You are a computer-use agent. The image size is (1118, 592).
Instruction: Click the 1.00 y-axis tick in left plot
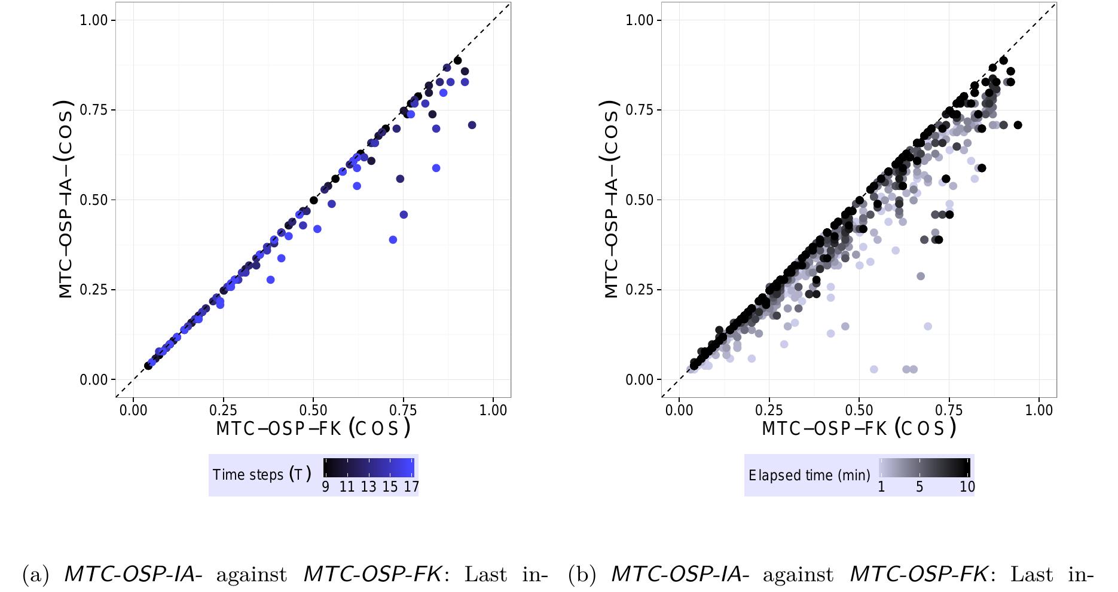(97, 20)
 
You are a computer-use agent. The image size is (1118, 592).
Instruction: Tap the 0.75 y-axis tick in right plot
(643, 110)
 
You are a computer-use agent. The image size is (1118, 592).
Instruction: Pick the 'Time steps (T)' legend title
(262, 475)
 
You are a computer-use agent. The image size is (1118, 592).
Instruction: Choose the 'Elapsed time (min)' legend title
(810, 476)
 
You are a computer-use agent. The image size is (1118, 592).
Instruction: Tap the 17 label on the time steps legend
(411, 487)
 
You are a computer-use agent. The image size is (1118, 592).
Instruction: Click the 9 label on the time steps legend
(326, 487)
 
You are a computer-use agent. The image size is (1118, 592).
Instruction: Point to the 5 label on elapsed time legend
(920, 487)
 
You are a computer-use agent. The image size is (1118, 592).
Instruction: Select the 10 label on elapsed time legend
(967, 487)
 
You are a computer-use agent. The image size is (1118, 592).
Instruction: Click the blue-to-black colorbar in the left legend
(369, 467)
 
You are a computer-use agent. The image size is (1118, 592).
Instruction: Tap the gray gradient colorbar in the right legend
(925, 467)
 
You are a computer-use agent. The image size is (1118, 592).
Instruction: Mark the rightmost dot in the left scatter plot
(472, 125)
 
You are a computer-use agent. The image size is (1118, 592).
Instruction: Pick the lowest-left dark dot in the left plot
(148, 366)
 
